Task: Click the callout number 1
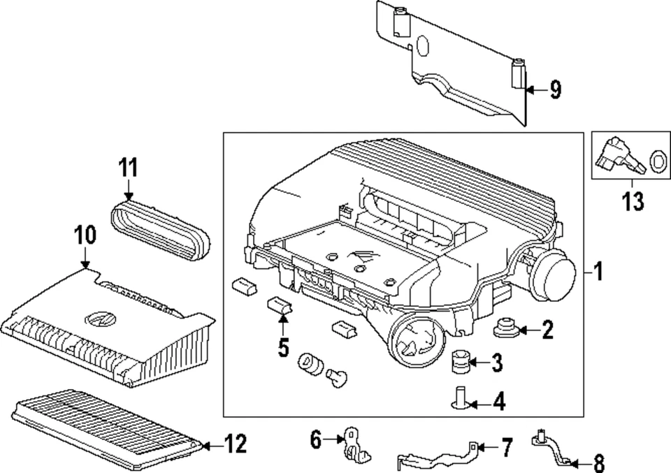pos(598,271)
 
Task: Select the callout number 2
pos(547,330)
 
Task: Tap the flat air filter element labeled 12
pos(105,428)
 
